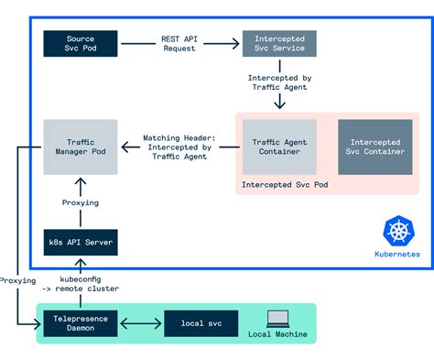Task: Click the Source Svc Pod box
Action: [81, 44]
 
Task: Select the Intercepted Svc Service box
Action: [279, 44]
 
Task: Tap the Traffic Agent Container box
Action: [279, 147]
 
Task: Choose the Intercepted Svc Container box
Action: [375, 147]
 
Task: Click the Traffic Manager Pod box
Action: [81, 147]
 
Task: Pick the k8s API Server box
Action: [81, 243]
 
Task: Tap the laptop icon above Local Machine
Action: [278, 318]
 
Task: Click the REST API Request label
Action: [180, 44]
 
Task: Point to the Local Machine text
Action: [278, 334]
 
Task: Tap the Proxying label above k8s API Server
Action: [81, 202]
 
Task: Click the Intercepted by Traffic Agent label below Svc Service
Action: [279, 83]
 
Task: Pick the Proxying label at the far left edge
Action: [17, 281]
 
